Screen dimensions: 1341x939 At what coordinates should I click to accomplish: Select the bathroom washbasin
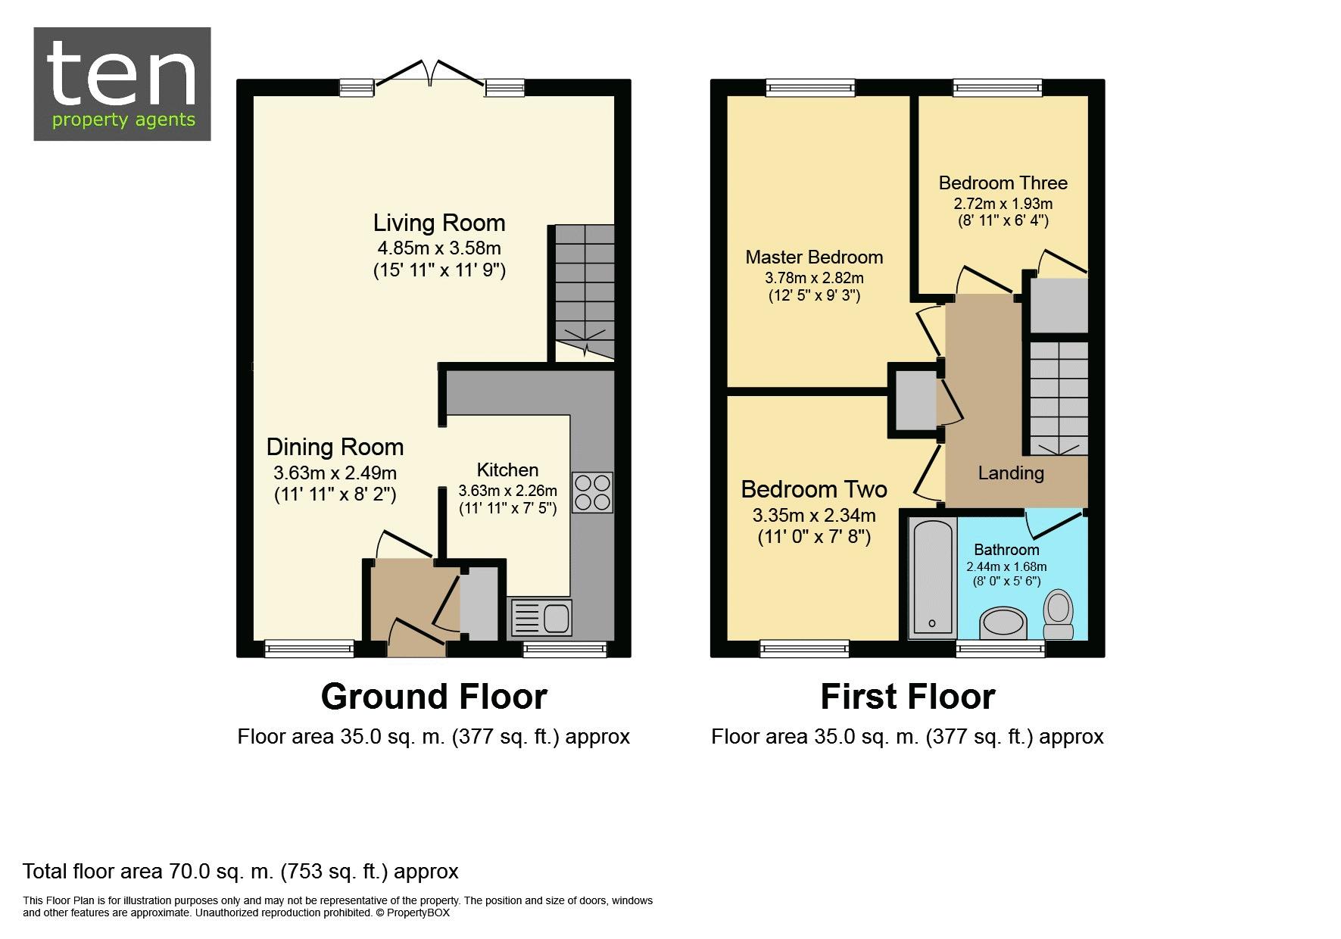pyautogui.click(x=1003, y=624)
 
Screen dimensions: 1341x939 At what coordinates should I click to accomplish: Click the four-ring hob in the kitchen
pyautogui.click(x=592, y=492)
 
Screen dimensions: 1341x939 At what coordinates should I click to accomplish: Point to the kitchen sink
pyautogui.click(x=542, y=618)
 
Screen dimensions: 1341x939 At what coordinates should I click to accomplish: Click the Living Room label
pyautogui.click(x=439, y=223)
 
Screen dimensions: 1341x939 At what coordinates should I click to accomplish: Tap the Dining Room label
pyautogui.click(x=335, y=447)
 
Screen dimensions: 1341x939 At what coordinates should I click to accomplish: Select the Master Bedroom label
pyautogui.click(x=814, y=257)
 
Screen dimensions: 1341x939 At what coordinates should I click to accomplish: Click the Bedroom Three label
pyautogui.click(x=1003, y=182)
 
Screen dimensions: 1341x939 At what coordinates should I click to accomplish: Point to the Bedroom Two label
pyautogui.click(x=814, y=489)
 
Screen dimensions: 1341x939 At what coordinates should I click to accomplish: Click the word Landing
pyautogui.click(x=1011, y=473)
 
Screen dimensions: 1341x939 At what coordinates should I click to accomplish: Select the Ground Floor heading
pyautogui.click(x=434, y=697)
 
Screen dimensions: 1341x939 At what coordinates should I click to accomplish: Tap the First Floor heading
pyautogui.click(x=908, y=697)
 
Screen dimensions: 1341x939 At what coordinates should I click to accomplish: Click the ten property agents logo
pyautogui.click(x=122, y=84)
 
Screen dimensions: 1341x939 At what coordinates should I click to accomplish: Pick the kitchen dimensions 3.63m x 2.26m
pyautogui.click(x=507, y=491)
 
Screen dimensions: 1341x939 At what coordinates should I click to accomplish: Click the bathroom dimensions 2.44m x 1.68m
pyautogui.click(x=1006, y=566)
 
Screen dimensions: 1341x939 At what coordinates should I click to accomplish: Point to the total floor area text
pyautogui.click(x=241, y=872)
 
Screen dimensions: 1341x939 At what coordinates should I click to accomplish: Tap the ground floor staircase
pyautogui.click(x=584, y=292)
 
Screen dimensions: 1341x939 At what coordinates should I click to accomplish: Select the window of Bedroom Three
pyautogui.click(x=997, y=88)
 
